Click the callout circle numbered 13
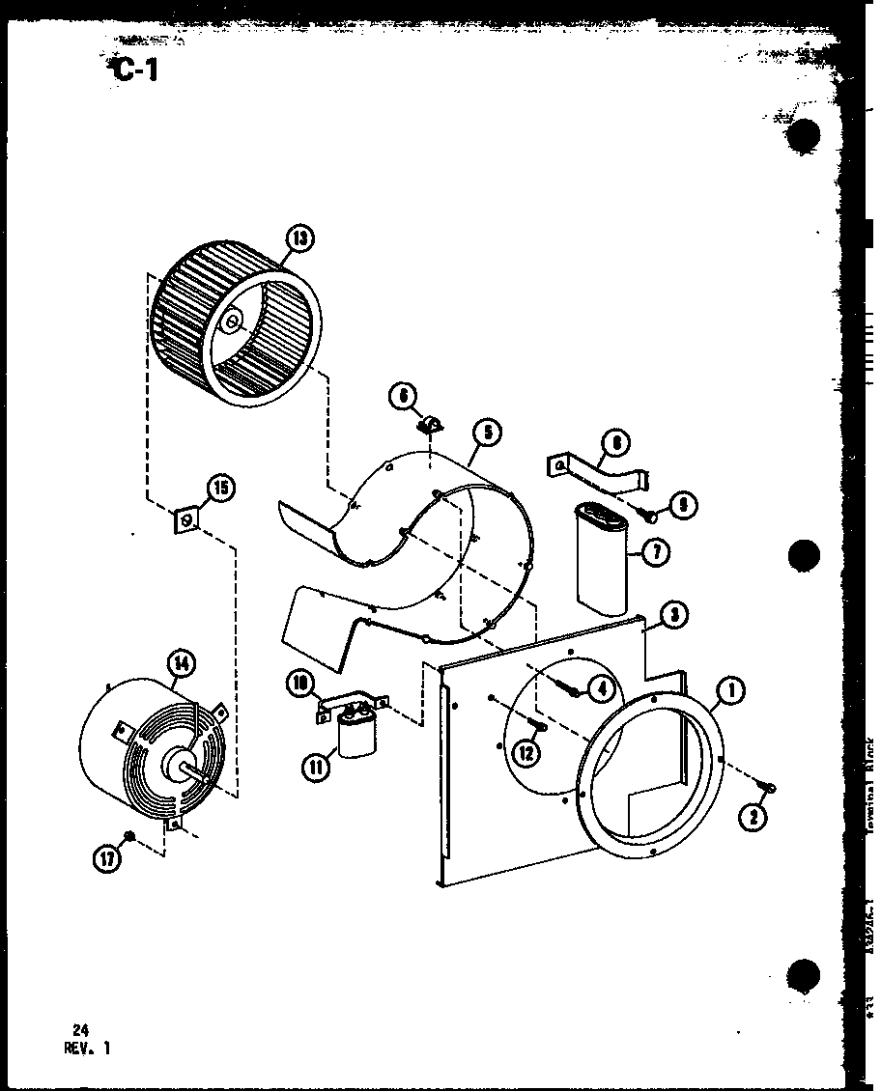pyautogui.click(x=301, y=238)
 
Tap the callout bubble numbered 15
pyautogui.click(x=221, y=488)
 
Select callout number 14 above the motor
pyautogui.click(x=181, y=663)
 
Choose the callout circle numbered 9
pyautogui.click(x=682, y=503)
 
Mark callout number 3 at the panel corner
pyautogui.click(x=674, y=614)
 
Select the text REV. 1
pyautogui.click(x=88, y=1048)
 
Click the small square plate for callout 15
pyautogui.click(x=187, y=522)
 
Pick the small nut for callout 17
pyautogui.click(x=128, y=835)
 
